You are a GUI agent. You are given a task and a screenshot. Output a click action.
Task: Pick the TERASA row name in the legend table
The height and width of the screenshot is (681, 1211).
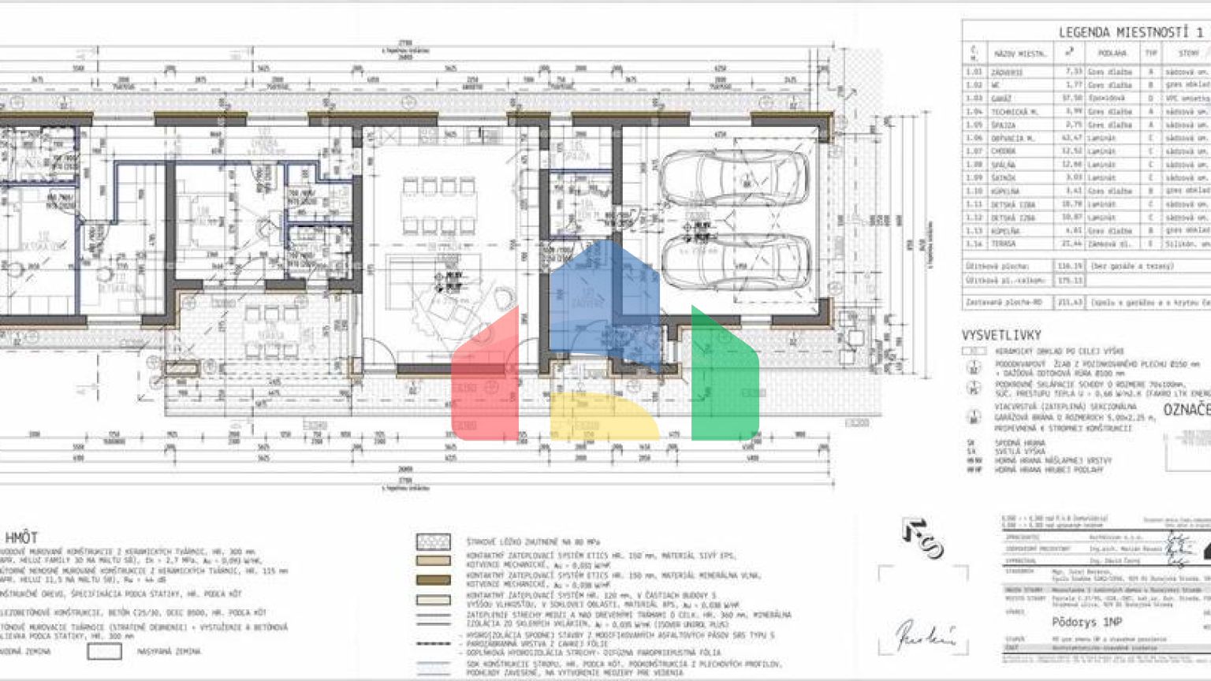tap(1004, 244)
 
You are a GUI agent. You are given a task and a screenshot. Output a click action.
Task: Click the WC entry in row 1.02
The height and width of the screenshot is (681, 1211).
tap(997, 85)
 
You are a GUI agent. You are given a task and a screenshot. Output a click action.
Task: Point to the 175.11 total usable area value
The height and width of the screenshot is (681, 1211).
tap(1069, 280)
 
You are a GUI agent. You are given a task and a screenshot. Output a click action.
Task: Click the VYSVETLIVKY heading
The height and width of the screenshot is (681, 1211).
tap(1000, 335)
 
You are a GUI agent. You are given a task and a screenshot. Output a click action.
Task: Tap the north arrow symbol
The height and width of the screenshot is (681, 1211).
tap(923, 538)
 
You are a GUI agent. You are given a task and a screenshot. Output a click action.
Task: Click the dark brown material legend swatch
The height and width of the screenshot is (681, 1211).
tap(433, 579)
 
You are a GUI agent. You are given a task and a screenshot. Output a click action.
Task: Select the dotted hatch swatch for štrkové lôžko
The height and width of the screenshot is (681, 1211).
tap(433, 541)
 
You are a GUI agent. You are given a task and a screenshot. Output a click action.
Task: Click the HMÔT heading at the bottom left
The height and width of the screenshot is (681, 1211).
tap(21, 537)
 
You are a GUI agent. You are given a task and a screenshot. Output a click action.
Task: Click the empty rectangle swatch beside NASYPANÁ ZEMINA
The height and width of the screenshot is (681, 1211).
tap(104, 651)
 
